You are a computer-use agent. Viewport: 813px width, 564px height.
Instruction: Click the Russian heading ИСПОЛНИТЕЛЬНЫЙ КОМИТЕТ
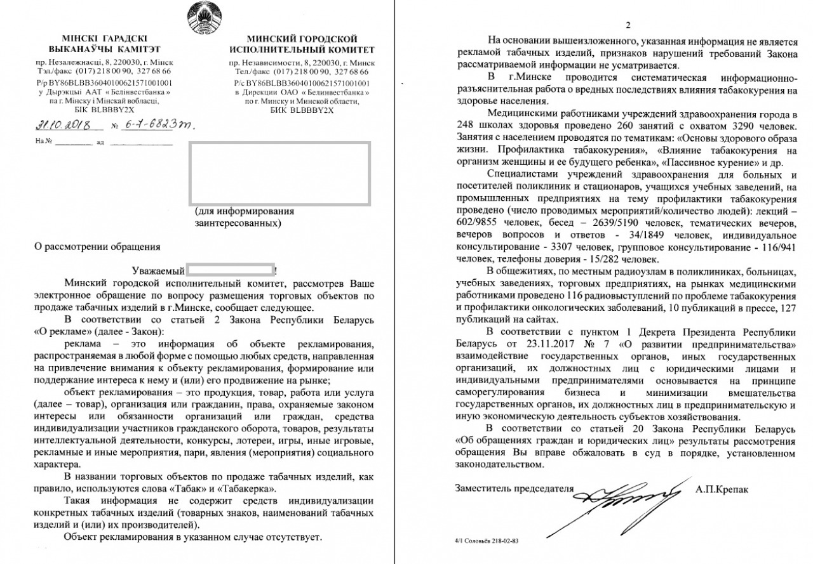click(302, 49)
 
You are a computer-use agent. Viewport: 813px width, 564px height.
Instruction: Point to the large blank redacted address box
click(280, 173)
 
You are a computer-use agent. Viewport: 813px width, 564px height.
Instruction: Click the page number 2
click(628, 25)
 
